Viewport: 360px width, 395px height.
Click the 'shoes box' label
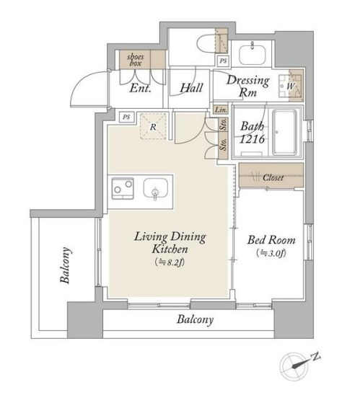pos(136,60)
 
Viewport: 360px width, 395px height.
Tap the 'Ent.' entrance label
pos(140,88)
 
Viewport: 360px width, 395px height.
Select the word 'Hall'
pos(191,88)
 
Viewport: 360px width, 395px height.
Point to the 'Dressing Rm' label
pos(247,86)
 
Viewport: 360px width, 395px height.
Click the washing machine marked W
pos(291,86)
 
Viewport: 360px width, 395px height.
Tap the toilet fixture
pos(206,43)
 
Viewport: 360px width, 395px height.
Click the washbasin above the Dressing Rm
pos(253,54)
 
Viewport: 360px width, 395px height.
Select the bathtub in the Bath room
pos(284,132)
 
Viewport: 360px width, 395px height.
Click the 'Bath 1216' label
pos(252,133)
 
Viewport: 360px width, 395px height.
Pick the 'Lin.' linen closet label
pos(221,110)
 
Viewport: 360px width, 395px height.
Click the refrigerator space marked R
pos(153,126)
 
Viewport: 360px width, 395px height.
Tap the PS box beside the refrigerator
pos(126,117)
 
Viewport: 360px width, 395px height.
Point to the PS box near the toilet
pos(223,61)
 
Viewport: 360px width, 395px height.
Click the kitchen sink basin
pos(156,189)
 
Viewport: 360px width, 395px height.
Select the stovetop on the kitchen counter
pos(123,188)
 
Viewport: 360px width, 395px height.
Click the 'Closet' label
pos(273,177)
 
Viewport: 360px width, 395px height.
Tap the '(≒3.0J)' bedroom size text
pos(271,253)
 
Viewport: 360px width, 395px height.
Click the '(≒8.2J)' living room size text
pos(170,262)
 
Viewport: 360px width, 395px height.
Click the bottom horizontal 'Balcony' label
pos(195,319)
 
